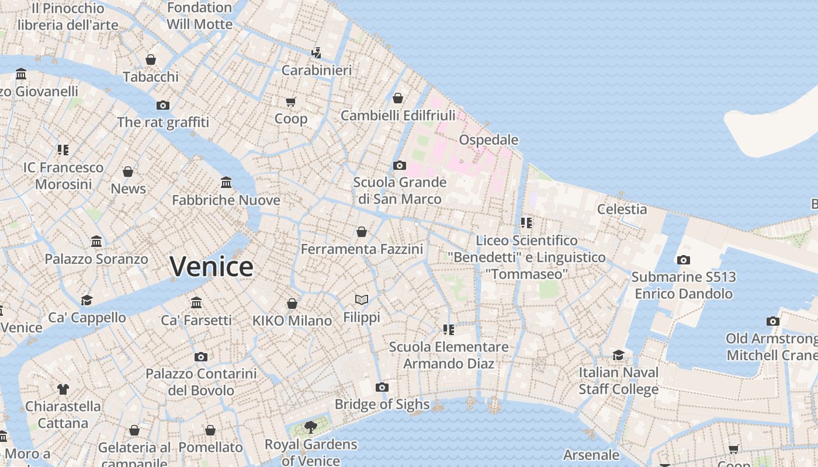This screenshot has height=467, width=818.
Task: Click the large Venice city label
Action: pyautogui.click(x=212, y=267)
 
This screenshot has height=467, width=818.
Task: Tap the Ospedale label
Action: pyautogui.click(x=488, y=140)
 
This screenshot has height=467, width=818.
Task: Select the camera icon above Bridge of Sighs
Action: pyautogui.click(x=382, y=387)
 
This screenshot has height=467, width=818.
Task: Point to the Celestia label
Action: pyautogui.click(x=622, y=209)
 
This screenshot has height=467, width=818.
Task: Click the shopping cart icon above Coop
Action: pyautogui.click(x=291, y=102)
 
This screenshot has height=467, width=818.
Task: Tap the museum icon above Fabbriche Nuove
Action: pyautogui.click(x=226, y=183)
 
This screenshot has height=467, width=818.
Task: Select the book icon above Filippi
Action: pyautogui.click(x=362, y=300)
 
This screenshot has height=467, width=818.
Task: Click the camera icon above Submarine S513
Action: pyautogui.click(x=683, y=260)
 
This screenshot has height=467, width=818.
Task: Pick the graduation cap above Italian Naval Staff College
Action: pyautogui.click(x=618, y=355)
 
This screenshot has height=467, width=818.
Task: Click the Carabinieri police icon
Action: pyautogui.click(x=317, y=53)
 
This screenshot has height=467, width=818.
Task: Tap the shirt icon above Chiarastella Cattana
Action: pyautogui.click(x=63, y=389)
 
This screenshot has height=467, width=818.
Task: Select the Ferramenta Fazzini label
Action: pyautogui.click(x=362, y=249)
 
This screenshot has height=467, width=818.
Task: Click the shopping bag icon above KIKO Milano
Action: pyautogui.click(x=292, y=304)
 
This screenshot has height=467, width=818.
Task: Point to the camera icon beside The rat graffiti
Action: pyautogui.click(x=163, y=105)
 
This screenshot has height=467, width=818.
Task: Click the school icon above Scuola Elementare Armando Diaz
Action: pyautogui.click(x=449, y=330)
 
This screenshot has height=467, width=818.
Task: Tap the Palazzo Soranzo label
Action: pyautogui.click(x=96, y=259)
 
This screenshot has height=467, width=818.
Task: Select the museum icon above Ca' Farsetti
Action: pyautogui.click(x=196, y=303)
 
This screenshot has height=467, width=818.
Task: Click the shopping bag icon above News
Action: pyautogui.click(x=128, y=172)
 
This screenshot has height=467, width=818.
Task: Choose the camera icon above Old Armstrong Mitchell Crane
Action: pyautogui.click(x=773, y=321)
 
